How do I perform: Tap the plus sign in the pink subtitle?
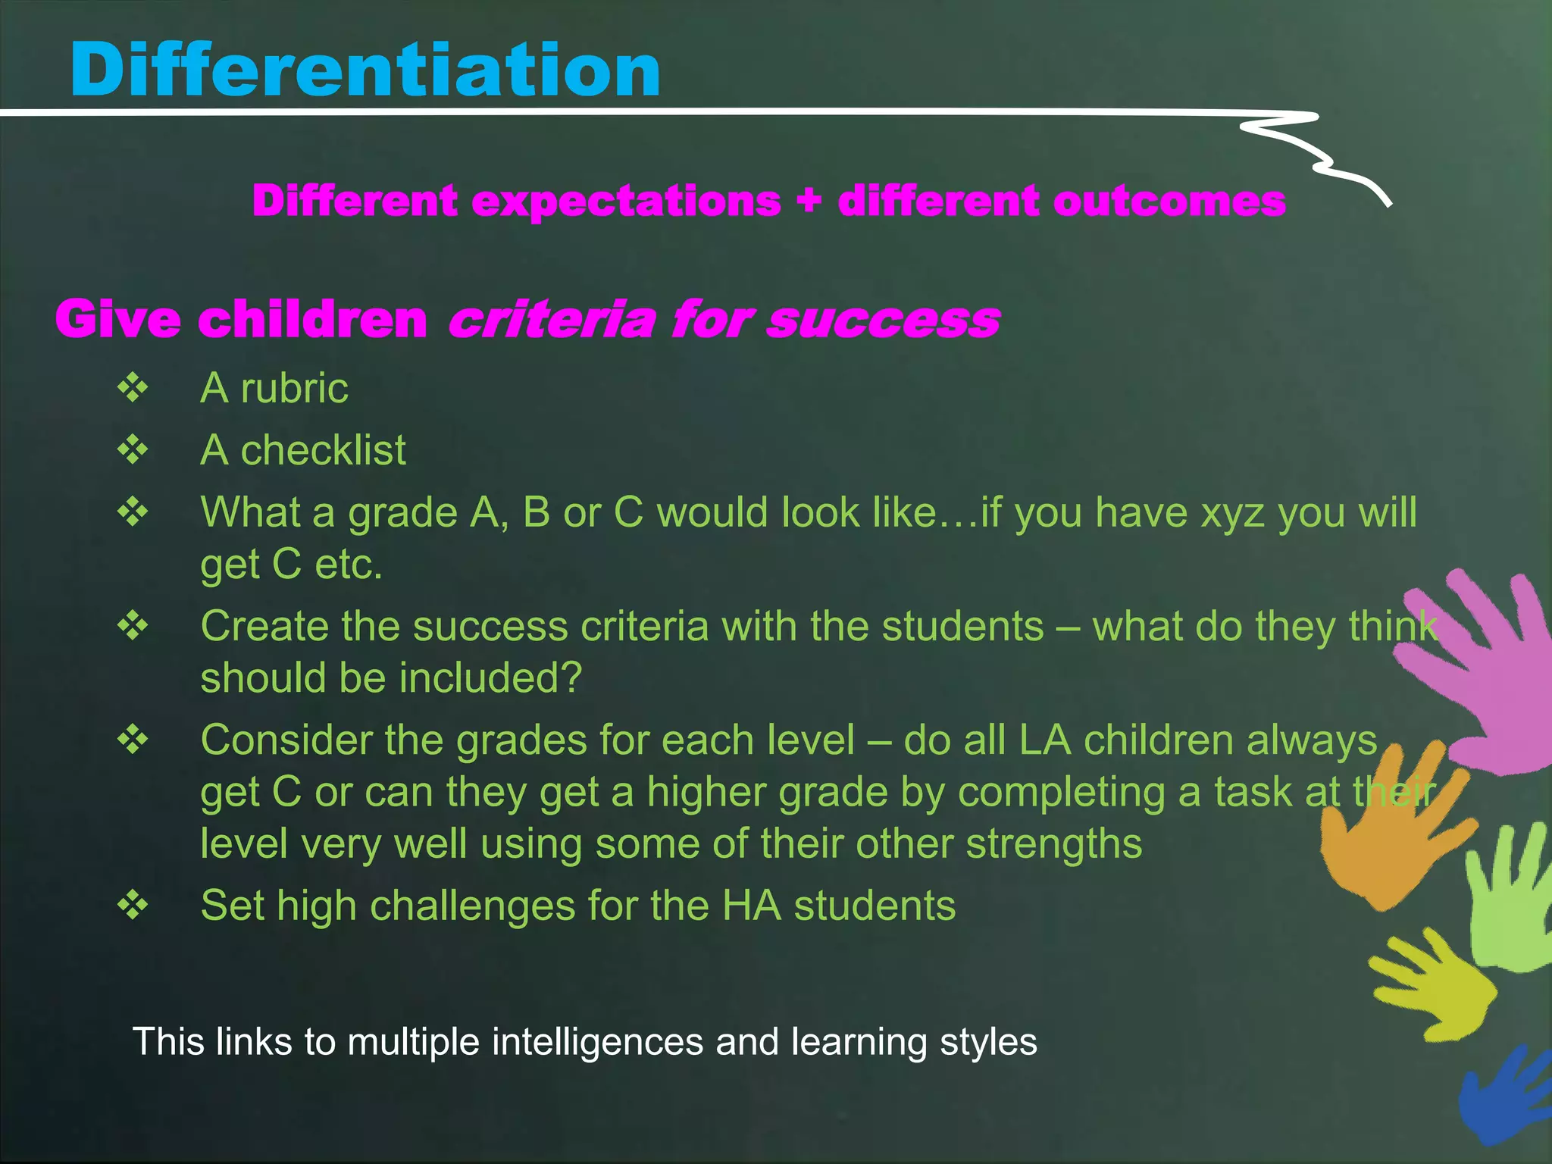809,202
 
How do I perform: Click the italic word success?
883,320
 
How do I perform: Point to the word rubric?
294,389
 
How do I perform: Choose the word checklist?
323,451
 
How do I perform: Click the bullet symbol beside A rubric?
133,388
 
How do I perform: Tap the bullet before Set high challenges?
133,905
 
